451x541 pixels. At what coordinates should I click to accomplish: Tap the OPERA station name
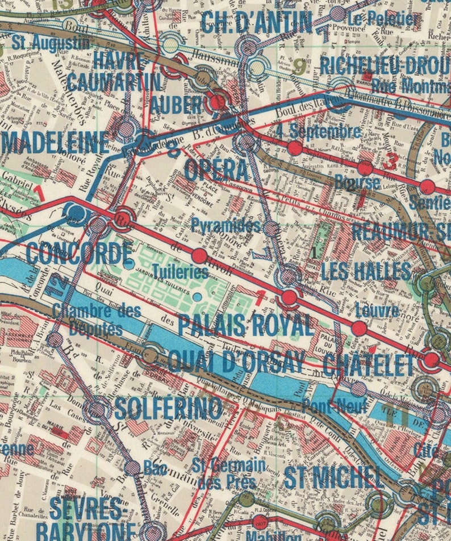click(216, 169)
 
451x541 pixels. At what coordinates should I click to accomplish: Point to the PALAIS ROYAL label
click(245, 325)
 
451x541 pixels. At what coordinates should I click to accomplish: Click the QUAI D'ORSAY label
click(236, 361)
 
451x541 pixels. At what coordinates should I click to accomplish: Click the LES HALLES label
click(366, 271)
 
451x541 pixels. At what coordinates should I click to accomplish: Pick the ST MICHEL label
click(332, 477)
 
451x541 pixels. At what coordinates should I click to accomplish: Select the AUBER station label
click(177, 104)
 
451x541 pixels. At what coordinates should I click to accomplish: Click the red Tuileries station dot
click(199, 255)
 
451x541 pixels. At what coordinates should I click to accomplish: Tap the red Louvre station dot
click(358, 328)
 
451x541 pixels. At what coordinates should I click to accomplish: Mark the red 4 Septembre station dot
click(294, 148)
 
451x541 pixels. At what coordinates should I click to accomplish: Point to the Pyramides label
click(225, 225)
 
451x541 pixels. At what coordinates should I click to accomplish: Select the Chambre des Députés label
click(97, 319)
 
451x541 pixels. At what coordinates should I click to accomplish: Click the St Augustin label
click(52, 42)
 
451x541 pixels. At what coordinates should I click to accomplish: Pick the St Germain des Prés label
click(229, 472)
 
